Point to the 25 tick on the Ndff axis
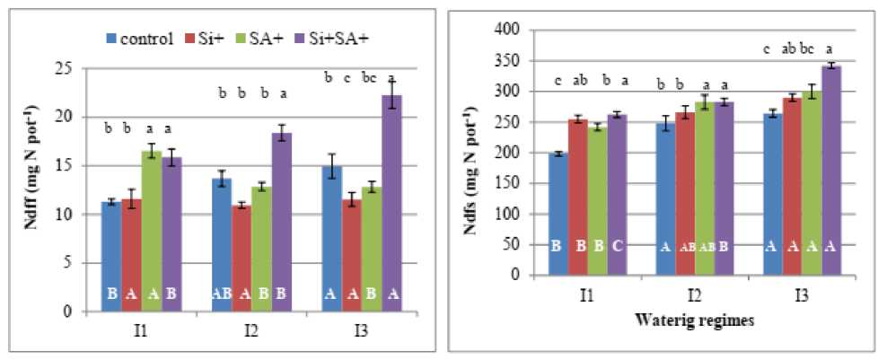tap(66, 68)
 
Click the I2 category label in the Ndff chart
tap(250, 329)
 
